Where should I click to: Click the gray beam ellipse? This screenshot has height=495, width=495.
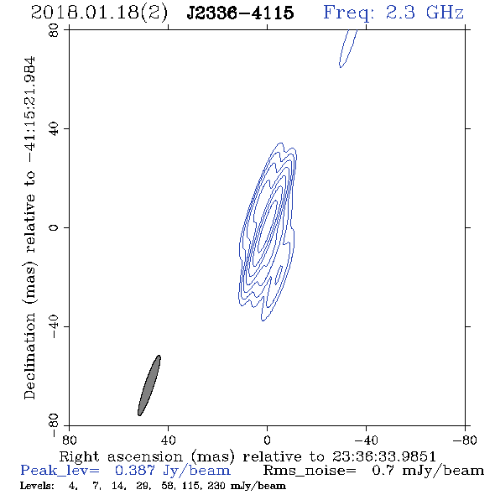point(149,385)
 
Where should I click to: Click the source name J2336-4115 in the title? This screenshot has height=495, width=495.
point(240,13)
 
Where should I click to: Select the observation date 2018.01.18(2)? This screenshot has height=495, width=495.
point(99,13)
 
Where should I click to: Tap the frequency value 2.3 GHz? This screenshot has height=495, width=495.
point(425,13)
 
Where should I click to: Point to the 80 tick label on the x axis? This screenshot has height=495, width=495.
point(69,440)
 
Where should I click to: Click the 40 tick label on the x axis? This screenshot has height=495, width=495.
point(168,440)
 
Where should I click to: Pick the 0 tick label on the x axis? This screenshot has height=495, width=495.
point(267,440)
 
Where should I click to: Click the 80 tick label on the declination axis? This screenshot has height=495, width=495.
point(54,30)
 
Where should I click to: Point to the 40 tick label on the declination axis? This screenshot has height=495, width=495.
point(54,129)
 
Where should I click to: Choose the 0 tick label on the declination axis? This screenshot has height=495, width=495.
point(54,227)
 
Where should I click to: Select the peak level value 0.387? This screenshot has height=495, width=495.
point(135,471)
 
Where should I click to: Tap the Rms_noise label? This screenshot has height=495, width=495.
point(310,471)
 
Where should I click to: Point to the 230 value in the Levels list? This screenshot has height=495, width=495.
point(216,486)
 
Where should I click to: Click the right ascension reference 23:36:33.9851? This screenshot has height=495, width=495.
point(384,456)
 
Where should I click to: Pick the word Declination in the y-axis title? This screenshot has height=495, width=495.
point(29,356)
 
